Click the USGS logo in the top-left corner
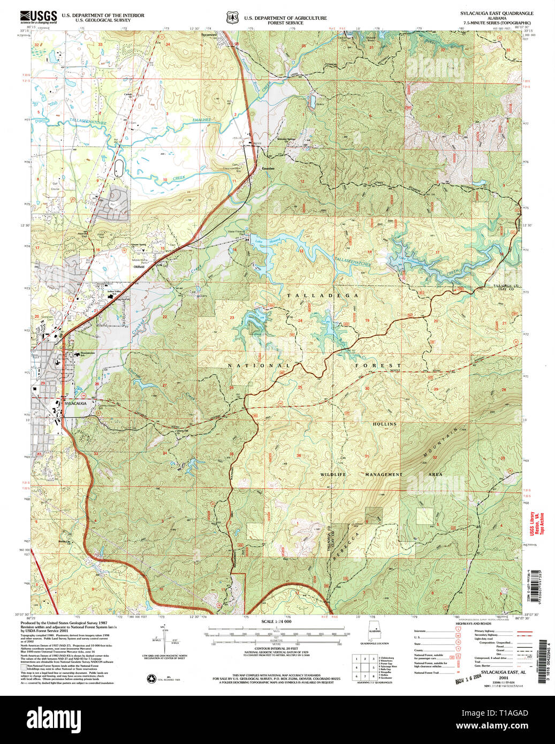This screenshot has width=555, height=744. [38, 17]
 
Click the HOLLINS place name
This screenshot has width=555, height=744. [385, 424]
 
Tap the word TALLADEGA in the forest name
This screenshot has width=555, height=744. [322, 295]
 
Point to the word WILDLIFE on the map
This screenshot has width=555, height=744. [333, 474]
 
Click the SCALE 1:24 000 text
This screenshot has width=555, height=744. [276, 621]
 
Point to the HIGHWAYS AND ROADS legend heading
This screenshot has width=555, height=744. [473, 624]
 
